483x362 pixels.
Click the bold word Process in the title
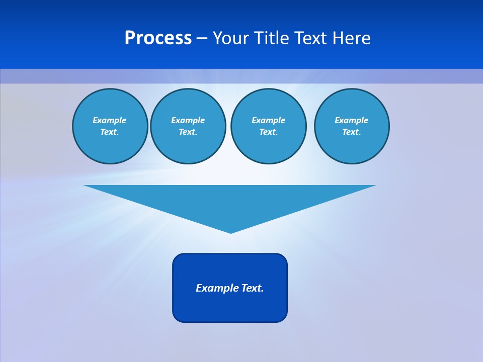158,38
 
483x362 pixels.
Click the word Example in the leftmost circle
110,120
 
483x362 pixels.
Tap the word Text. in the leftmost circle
110,132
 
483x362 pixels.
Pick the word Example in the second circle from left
188,120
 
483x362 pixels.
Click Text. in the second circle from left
188,132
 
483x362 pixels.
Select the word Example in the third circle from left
268,120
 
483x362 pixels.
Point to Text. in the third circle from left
268,132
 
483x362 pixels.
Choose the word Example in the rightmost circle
351,120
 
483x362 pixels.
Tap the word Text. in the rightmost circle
351,132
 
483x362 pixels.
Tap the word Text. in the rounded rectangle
253,288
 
